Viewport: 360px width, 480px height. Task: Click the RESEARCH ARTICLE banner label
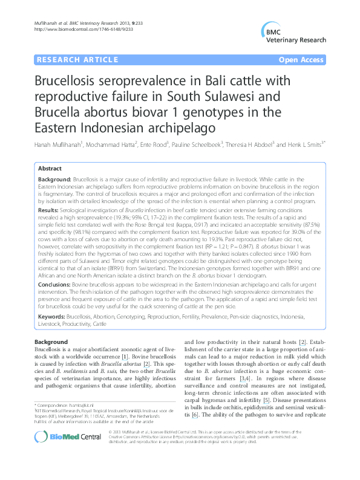77,60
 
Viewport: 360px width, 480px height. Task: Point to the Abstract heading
50,169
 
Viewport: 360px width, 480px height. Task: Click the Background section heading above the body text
51,342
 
